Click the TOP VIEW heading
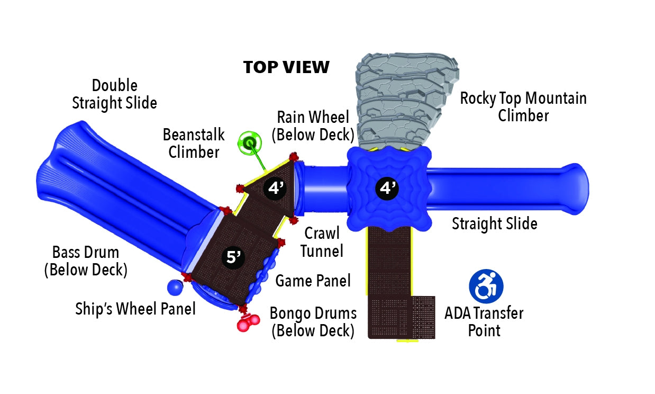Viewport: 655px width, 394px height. click(x=286, y=67)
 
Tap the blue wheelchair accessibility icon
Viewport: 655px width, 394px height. click(x=486, y=286)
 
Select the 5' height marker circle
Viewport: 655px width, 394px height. click(x=233, y=257)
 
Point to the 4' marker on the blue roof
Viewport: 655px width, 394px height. click(x=387, y=187)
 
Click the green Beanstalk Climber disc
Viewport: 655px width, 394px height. click(x=249, y=142)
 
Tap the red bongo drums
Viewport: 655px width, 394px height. click(x=248, y=323)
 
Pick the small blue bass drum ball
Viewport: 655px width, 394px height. click(x=175, y=288)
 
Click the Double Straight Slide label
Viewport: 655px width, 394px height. click(x=114, y=94)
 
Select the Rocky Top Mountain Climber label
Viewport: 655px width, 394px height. click(x=523, y=106)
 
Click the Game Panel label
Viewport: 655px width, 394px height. click(x=313, y=280)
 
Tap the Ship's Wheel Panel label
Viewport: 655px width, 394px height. click(x=135, y=308)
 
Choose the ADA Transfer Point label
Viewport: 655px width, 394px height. click(x=484, y=321)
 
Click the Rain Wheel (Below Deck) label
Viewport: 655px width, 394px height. click(x=313, y=126)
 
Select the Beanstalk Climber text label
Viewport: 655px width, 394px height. click(x=194, y=143)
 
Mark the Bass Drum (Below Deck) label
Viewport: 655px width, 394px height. click(x=85, y=261)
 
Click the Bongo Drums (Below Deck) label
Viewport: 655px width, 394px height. click(x=313, y=321)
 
